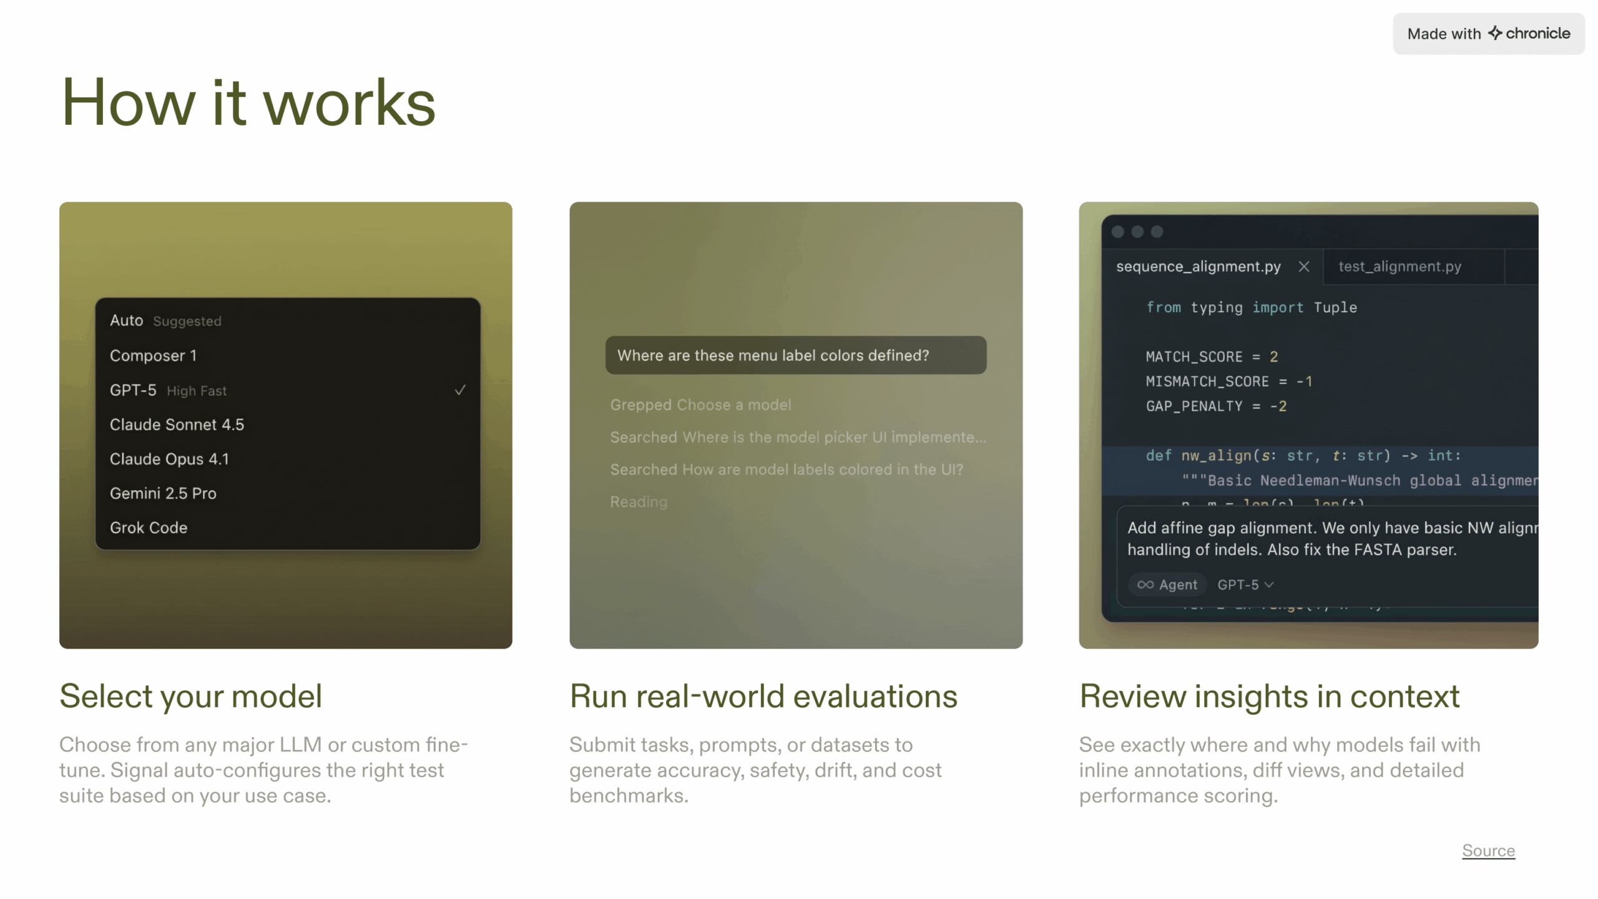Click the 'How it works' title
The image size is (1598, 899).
coord(248,102)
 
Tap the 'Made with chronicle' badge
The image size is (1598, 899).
coord(1488,34)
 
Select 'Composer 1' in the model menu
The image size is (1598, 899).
coord(154,356)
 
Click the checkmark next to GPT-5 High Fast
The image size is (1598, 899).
coord(460,390)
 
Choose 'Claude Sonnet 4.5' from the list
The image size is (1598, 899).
coord(177,425)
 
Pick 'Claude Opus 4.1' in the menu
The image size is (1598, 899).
coord(169,459)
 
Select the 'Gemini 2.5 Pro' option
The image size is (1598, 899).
coord(163,493)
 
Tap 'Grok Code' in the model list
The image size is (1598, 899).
coord(149,528)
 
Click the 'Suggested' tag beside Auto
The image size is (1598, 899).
coord(187,321)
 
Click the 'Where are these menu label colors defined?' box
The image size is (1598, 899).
coord(795,355)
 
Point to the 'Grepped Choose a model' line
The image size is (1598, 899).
coord(700,405)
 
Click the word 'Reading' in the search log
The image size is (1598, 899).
coord(639,502)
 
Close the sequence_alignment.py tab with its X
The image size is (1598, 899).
coord(1304,267)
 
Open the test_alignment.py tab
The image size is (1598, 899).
coord(1399,267)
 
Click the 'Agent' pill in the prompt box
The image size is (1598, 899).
coord(1167,584)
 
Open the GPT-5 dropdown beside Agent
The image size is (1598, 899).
coord(1245,584)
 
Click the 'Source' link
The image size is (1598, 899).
coord(1488,850)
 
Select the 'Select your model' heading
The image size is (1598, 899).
coord(191,696)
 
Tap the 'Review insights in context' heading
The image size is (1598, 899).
coord(1269,696)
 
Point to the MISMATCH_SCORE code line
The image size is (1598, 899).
coord(1228,381)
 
